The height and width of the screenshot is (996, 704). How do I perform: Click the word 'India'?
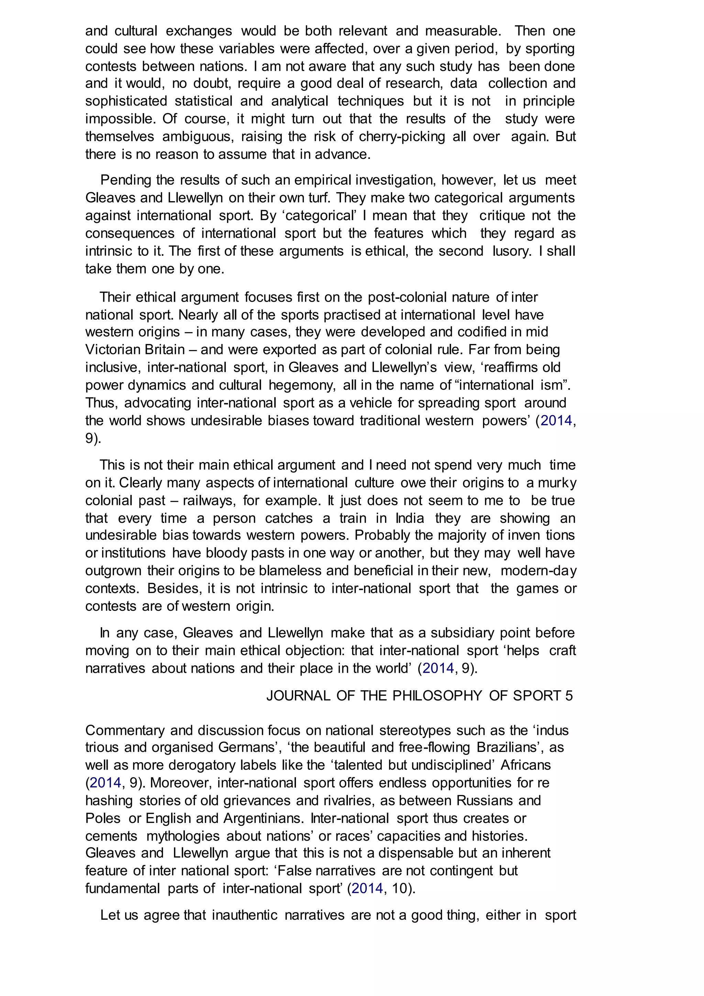coord(410,518)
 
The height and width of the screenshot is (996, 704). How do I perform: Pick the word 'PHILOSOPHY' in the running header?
coord(437,696)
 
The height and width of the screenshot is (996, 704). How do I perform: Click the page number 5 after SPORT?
coord(569,696)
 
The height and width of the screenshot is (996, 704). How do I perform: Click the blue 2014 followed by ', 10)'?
coord(367,888)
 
